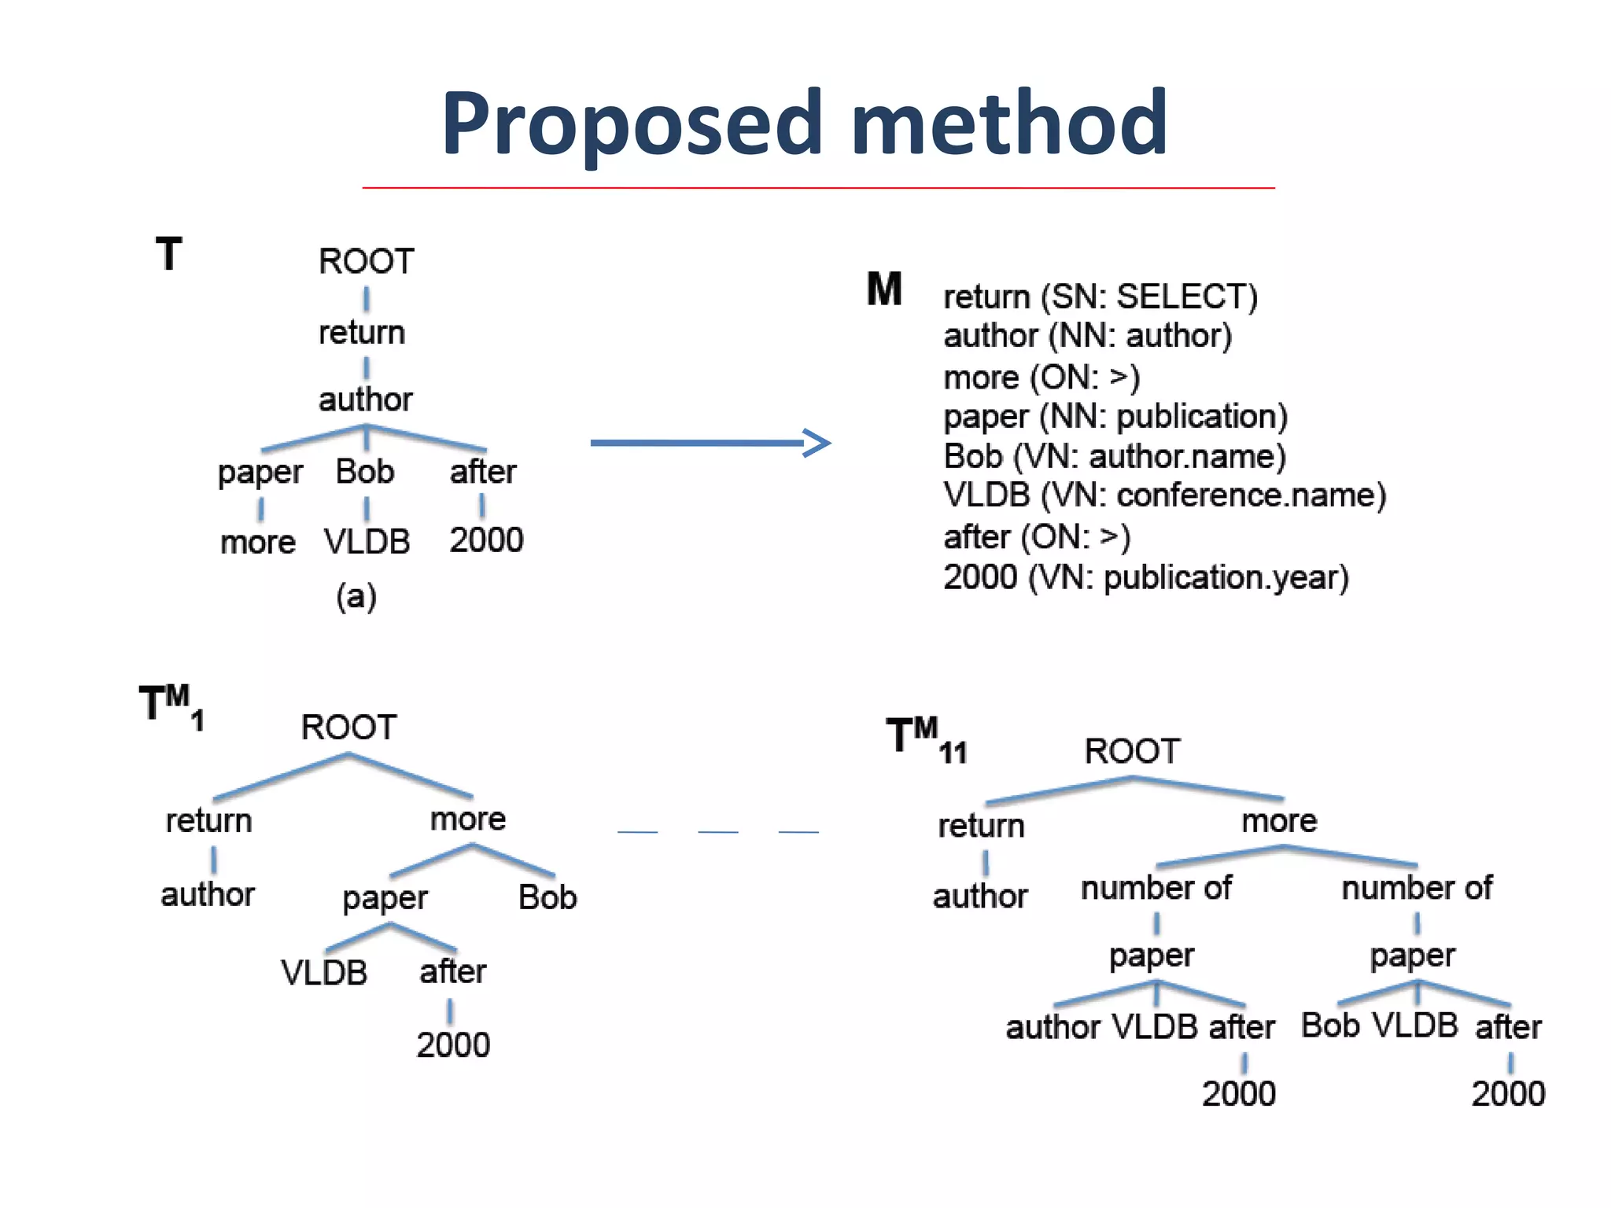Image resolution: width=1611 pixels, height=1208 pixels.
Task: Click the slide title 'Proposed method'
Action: tap(804, 124)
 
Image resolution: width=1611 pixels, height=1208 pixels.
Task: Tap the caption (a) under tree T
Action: tap(356, 596)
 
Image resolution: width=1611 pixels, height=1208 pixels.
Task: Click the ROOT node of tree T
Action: tap(366, 261)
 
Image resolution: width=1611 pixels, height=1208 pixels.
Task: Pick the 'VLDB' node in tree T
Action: tap(367, 542)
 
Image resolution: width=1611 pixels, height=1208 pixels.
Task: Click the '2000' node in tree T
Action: tap(486, 540)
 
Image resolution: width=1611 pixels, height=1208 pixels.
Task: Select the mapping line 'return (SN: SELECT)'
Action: tap(1100, 297)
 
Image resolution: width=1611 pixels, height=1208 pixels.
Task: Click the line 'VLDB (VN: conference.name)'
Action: tap(1164, 495)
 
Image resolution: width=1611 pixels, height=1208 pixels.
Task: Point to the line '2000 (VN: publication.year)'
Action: tap(1146, 578)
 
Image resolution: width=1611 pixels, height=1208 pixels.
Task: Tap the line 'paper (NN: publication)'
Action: tap(1115, 417)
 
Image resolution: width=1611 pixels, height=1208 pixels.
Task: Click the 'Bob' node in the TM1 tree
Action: tap(547, 897)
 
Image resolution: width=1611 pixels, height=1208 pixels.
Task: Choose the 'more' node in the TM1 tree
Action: tap(468, 819)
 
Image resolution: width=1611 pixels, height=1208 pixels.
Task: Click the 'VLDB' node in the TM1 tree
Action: tap(324, 973)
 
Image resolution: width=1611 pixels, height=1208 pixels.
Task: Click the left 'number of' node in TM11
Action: tap(1156, 888)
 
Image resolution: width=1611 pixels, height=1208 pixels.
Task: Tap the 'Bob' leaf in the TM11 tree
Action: tap(1330, 1026)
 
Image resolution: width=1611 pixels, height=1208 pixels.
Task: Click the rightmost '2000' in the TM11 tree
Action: tap(1508, 1094)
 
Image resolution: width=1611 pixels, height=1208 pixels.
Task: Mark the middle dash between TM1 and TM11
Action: tap(718, 831)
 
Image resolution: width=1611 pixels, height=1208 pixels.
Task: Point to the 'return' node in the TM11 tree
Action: tap(981, 826)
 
